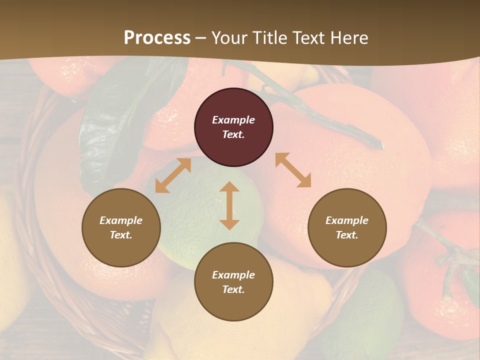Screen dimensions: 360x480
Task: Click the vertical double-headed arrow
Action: [229, 205]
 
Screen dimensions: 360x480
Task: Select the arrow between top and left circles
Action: [173, 175]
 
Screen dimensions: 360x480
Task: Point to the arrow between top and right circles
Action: [293, 170]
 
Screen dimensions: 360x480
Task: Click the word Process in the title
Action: [157, 37]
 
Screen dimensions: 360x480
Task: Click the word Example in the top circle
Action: [233, 120]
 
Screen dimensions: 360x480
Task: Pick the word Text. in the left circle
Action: [121, 235]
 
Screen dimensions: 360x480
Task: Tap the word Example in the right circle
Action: [347, 220]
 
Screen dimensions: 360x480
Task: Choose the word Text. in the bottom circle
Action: [233, 289]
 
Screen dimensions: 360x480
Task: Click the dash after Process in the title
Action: [201, 38]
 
